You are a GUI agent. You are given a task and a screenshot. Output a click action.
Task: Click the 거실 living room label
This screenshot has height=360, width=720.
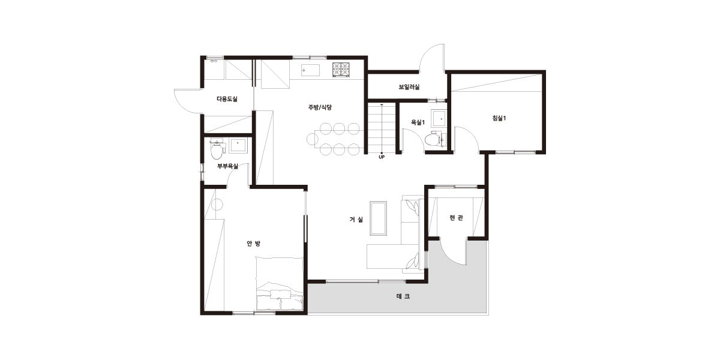pyautogui.click(x=356, y=220)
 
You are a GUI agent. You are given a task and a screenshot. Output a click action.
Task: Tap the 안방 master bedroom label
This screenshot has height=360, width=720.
pyautogui.click(x=254, y=244)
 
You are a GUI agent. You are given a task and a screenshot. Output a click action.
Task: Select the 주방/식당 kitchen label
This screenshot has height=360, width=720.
pyautogui.click(x=320, y=107)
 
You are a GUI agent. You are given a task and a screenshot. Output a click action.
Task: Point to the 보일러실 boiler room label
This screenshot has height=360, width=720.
pyautogui.click(x=409, y=87)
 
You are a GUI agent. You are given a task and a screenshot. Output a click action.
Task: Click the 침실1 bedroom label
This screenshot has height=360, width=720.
pyautogui.click(x=499, y=118)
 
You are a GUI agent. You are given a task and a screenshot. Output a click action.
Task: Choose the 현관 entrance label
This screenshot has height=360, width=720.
pyautogui.click(x=456, y=218)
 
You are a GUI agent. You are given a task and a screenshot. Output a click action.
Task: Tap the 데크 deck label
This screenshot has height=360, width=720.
pyautogui.click(x=403, y=296)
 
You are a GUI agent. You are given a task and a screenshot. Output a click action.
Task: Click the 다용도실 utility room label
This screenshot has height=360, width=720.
pyautogui.click(x=227, y=99)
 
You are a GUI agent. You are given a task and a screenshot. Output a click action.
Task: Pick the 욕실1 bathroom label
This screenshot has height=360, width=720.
pyautogui.click(x=418, y=122)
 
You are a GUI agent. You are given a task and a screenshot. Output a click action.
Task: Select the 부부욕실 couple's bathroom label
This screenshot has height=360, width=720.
pyautogui.click(x=227, y=166)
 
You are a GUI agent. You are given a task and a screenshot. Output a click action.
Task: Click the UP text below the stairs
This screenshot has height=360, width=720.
pyautogui.click(x=382, y=157)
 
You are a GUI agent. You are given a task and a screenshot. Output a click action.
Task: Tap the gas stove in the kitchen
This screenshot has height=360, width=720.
pyautogui.click(x=341, y=70)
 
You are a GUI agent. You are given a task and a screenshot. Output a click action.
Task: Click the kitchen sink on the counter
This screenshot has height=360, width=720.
pyautogui.click(x=311, y=70)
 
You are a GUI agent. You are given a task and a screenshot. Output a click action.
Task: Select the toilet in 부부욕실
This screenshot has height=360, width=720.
pyautogui.click(x=217, y=149)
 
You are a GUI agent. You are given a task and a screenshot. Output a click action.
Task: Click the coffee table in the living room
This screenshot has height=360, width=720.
pyautogui.click(x=378, y=218)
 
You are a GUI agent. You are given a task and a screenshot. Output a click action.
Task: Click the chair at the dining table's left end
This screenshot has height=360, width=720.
pyautogui.click(x=312, y=139)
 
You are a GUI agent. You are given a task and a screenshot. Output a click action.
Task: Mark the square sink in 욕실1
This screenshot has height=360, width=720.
pyautogui.click(x=439, y=118)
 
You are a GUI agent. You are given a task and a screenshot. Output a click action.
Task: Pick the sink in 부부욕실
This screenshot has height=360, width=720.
pyautogui.click(x=238, y=145)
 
